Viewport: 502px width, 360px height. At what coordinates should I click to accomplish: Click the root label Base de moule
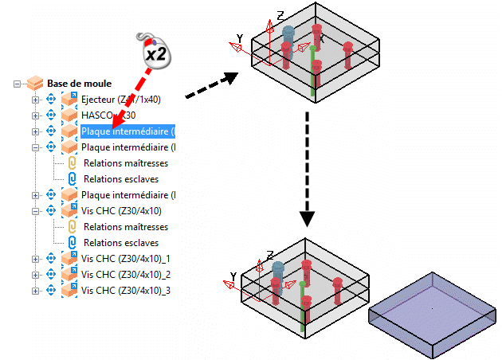tap(79, 83)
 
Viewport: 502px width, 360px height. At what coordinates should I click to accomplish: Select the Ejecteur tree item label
tap(120, 100)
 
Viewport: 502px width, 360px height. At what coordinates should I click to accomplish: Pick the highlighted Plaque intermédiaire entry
tap(127, 131)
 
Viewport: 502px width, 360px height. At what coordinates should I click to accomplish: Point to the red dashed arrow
tap(132, 92)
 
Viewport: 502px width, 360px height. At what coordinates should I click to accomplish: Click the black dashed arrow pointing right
tap(211, 87)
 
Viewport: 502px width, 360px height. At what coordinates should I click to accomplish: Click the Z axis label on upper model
tap(280, 15)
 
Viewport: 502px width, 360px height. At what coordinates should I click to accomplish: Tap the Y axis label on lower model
tap(233, 276)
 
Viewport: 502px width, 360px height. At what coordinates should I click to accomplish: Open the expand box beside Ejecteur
tap(34, 100)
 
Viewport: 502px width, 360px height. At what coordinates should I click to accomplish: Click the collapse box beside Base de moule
tap(18, 83)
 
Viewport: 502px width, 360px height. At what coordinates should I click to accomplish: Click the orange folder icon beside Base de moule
tap(35, 83)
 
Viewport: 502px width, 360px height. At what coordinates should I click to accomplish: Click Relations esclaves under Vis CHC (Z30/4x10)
tap(121, 242)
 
